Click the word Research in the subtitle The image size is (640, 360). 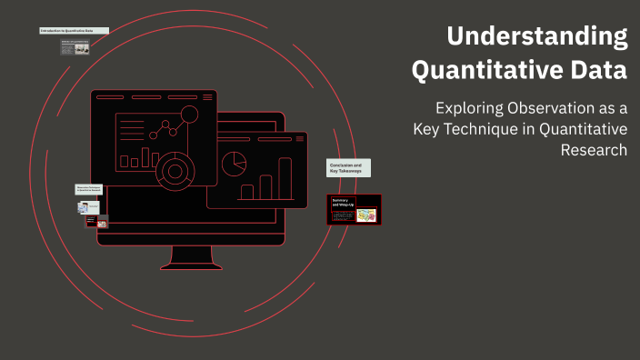tap(595, 150)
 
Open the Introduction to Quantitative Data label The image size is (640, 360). tap(73, 31)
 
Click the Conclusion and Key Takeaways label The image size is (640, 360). tap(348, 167)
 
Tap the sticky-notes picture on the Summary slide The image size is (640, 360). tap(366, 215)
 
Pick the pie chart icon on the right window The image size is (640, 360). tap(235, 164)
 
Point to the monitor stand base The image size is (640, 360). tap(191, 265)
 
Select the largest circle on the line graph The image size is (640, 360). tap(189, 115)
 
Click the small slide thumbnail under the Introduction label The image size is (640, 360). tap(75, 47)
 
